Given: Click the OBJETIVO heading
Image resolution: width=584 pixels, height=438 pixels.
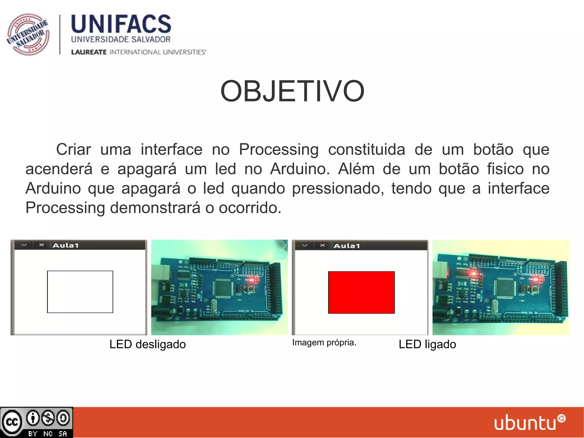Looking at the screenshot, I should (x=292, y=91).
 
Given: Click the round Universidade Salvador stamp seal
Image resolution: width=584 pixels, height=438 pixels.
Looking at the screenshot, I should (x=28, y=35).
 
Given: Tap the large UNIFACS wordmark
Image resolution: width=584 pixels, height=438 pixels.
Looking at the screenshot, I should (x=121, y=24).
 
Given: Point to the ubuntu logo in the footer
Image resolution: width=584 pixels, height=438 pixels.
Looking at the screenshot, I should (x=529, y=422).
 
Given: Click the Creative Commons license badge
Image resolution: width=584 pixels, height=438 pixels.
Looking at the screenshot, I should (x=36, y=422).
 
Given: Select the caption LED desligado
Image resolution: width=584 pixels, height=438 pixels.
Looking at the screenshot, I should (x=147, y=344).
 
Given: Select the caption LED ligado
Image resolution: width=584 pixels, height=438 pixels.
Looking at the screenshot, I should (x=427, y=344).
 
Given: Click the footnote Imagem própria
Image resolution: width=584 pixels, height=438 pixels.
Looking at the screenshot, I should (x=324, y=342).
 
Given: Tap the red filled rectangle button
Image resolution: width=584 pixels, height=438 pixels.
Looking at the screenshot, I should (x=361, y=292).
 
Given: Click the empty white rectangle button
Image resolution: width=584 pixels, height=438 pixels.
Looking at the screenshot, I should (x=80, y=292).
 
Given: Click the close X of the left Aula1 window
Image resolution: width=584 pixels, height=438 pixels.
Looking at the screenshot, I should (x=42, y=245).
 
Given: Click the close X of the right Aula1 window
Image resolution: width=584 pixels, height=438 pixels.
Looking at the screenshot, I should (x=323, y=245).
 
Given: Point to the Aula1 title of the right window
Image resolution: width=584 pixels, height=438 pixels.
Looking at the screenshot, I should (x=347, y=246).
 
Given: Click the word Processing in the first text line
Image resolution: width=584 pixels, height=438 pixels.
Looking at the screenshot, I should (x=279, y=150).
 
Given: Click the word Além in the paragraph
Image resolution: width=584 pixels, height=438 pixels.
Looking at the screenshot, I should (x=356, y=169).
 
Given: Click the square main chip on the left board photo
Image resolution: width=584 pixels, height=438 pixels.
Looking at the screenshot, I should (x=223, y=288).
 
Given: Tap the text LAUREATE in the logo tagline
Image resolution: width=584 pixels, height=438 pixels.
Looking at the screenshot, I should (x=89, y=52).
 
